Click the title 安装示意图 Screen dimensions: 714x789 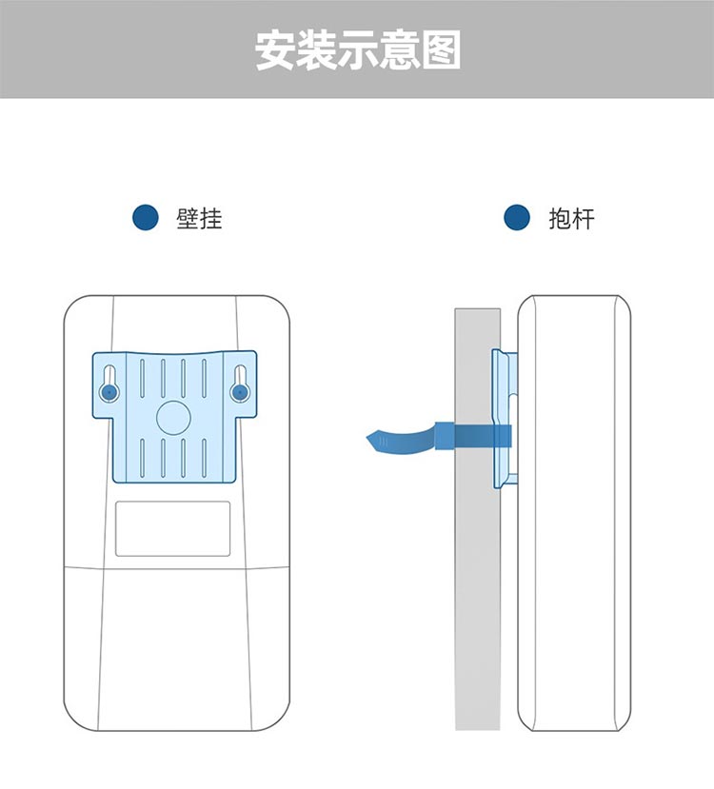pos(357,49)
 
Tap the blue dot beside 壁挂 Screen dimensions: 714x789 pos(146,218)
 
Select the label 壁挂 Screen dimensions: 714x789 pos(199,219)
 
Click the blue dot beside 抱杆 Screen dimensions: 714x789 pos(517,218)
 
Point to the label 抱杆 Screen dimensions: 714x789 pos(571,219)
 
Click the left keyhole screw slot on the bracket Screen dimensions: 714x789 pos(109,389)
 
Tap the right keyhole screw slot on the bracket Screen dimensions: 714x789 pos(239,389)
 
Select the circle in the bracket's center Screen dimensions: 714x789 pos(173,417)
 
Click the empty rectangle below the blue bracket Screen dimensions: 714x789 pos(173,528)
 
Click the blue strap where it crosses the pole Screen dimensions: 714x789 pos(477,437)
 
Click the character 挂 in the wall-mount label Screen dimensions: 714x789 pos(211,219)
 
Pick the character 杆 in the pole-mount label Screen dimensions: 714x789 pos(584,219)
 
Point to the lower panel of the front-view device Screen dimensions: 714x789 pos(176,647)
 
